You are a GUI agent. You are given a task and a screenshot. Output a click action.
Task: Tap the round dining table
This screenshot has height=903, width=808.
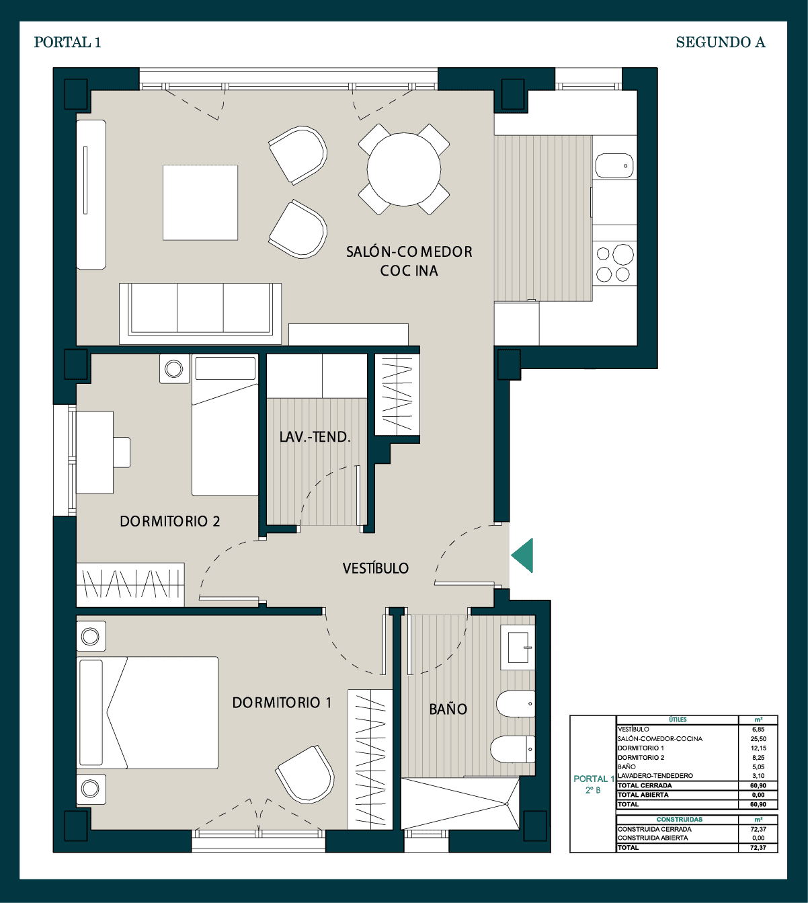[x=404, y=169]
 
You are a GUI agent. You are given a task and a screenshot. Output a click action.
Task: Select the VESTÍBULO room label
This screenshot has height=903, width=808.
[x=376, y=568]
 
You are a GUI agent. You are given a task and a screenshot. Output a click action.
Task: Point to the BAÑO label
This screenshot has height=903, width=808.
[x=448, y=709]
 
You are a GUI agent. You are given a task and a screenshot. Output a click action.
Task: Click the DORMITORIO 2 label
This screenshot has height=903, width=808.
[x=170, y=521]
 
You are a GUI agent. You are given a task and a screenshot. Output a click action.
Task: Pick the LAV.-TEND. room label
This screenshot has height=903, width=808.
[x=315, y=437]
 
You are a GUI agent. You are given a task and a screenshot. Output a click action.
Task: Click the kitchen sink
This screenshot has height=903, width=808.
[x=614, y=166]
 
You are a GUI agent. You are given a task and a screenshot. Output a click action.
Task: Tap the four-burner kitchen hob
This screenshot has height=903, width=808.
[x=614, y=263]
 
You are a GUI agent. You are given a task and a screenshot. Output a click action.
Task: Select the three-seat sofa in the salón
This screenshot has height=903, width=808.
[x=200, y=314]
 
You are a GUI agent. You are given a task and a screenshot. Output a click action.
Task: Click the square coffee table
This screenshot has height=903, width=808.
[x=200, y=202]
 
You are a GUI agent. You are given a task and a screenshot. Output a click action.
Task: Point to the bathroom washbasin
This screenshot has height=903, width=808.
[x=518, y=647]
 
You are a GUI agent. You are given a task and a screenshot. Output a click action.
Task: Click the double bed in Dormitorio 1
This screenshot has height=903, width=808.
[x=147, y=712]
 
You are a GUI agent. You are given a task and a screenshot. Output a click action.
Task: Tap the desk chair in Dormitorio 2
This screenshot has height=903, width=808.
[x=122, y=452]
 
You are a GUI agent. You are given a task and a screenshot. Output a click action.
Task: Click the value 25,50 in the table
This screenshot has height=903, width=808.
[x=758, y=738]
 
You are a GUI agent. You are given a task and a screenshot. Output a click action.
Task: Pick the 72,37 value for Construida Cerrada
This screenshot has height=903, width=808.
[x=758, y=829]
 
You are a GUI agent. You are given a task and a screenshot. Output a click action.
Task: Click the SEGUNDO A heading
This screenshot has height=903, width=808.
[x=720, y=42]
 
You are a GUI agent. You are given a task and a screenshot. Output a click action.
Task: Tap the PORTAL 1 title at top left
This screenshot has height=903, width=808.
[x=67, y=42]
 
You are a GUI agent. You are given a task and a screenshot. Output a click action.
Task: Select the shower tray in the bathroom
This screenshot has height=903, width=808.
[x=460, y=803]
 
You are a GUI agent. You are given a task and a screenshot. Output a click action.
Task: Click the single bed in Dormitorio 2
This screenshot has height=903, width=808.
[x=225, y=425]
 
